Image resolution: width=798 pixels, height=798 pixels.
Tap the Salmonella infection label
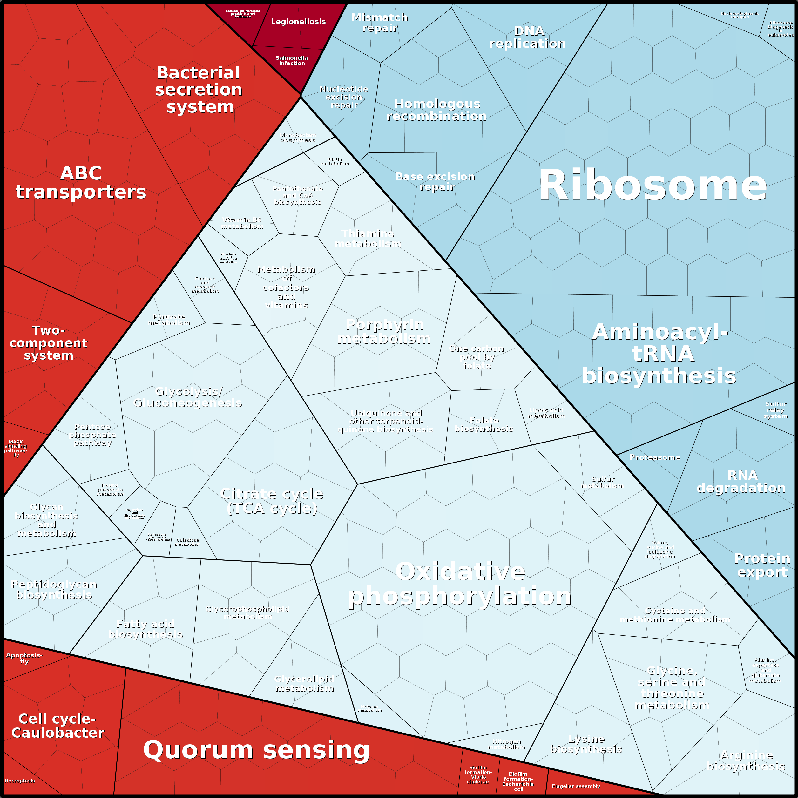pyautogui.click(x=292, y=60)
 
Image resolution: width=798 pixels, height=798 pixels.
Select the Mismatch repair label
pyautogui.click(x=379, y=23)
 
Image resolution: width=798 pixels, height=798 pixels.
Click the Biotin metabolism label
pyautogui.click(x=335, y=161)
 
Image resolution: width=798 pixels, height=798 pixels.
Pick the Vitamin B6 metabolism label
pyautogui.click(x=242, y=223)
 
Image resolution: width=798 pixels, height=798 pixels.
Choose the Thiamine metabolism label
pyautogui.click(x=368, y=239)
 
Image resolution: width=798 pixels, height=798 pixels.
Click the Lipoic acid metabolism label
pyautogui.click(x=546, y=413)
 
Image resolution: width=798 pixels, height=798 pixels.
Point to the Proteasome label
pyautogui.click(x=655, y=457)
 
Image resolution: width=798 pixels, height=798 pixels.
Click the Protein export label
pyautogui.click(x=762, y=565)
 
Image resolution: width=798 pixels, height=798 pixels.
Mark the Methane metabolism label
pyautogui.click(x=370, y=708)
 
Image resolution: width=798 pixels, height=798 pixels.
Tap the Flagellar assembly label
pyautogui.click(x=575, y=786)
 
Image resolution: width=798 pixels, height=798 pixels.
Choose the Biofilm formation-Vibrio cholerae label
pyautogui.click(x=478, y=774)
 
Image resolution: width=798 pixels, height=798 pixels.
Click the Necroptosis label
pyautogui.click(x=19, y=781)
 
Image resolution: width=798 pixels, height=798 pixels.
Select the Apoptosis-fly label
pyautogui.click(x=24, y=658)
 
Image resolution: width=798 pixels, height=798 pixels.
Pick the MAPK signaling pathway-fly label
pyautogui.click(x=16, y=448)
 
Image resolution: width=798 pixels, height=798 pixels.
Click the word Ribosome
pyautogui.click(x=652, y=186)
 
